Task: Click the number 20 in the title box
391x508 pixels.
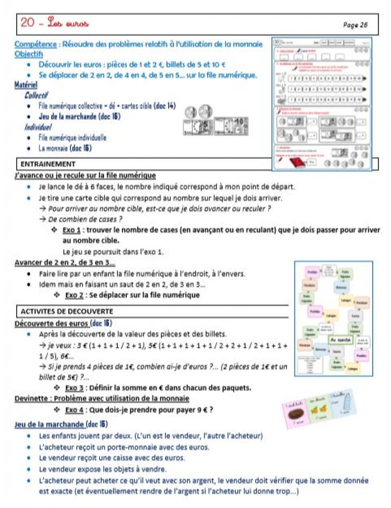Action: click(x=28, y=23)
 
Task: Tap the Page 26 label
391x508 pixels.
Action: click(x=355, y=25)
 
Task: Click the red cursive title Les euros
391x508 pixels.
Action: click(x=69, y=23)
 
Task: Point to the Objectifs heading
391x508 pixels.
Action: click(x=29, y=54)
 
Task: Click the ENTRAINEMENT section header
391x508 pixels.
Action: click(x=48, y=164)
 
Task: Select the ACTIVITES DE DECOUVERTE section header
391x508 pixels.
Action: click(x=67, y=312)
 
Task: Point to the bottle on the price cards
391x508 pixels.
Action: click(x=354, y=404)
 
